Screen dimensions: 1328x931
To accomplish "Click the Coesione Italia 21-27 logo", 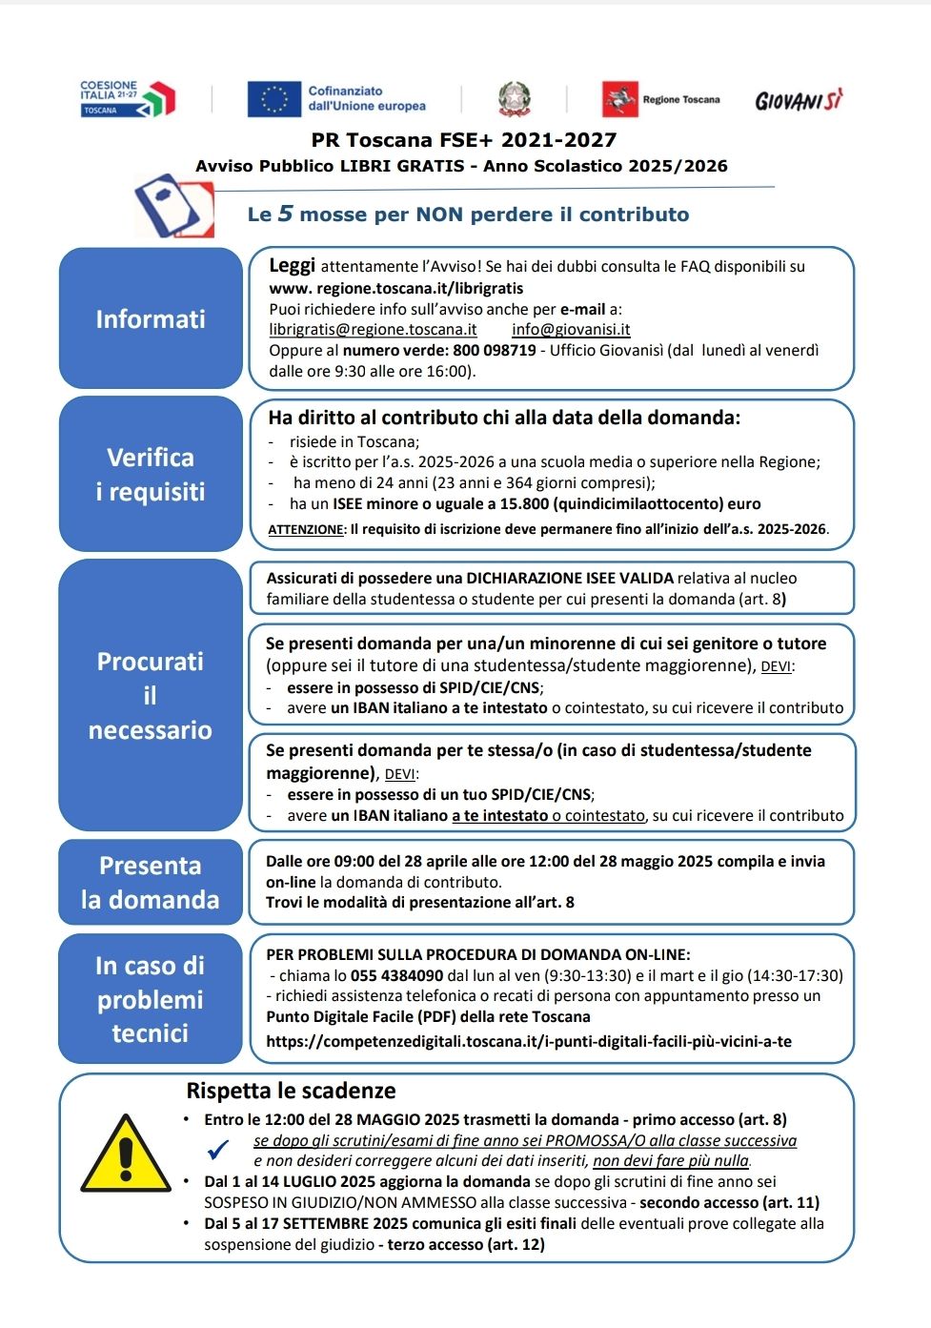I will point(128,98).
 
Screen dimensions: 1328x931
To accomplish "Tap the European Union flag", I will point(273,98).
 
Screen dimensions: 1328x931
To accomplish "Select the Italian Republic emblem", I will point(515,98).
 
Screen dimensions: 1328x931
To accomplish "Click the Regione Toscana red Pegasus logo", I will point(619,99).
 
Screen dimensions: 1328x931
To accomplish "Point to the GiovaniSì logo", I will point(799,100).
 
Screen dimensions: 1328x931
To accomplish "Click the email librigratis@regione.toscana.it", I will point(373,330).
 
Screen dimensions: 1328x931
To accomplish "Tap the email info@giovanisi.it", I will point(571,330).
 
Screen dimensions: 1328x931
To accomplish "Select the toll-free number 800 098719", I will point(495,350).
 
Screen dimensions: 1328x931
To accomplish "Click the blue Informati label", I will point(151,318).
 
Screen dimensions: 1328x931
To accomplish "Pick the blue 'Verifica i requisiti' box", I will point(151,474).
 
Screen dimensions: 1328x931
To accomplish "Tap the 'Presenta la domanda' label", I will point(151,882).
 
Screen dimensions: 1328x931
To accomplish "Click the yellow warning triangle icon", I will point(126,1154).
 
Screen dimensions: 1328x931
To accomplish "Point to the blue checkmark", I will point(218,1150).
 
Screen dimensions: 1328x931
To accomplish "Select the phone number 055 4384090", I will point(396,975).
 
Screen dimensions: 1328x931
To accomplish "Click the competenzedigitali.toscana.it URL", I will point(529,1041).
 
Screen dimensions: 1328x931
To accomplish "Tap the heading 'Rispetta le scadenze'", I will point(291,1091).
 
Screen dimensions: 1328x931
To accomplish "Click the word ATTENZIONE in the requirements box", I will point(305,529).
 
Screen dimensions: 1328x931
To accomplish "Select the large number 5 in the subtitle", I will point(285,214).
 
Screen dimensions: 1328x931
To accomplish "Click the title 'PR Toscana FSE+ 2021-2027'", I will point(463,140).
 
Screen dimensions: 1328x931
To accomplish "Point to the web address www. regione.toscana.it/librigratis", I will point(395,288).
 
